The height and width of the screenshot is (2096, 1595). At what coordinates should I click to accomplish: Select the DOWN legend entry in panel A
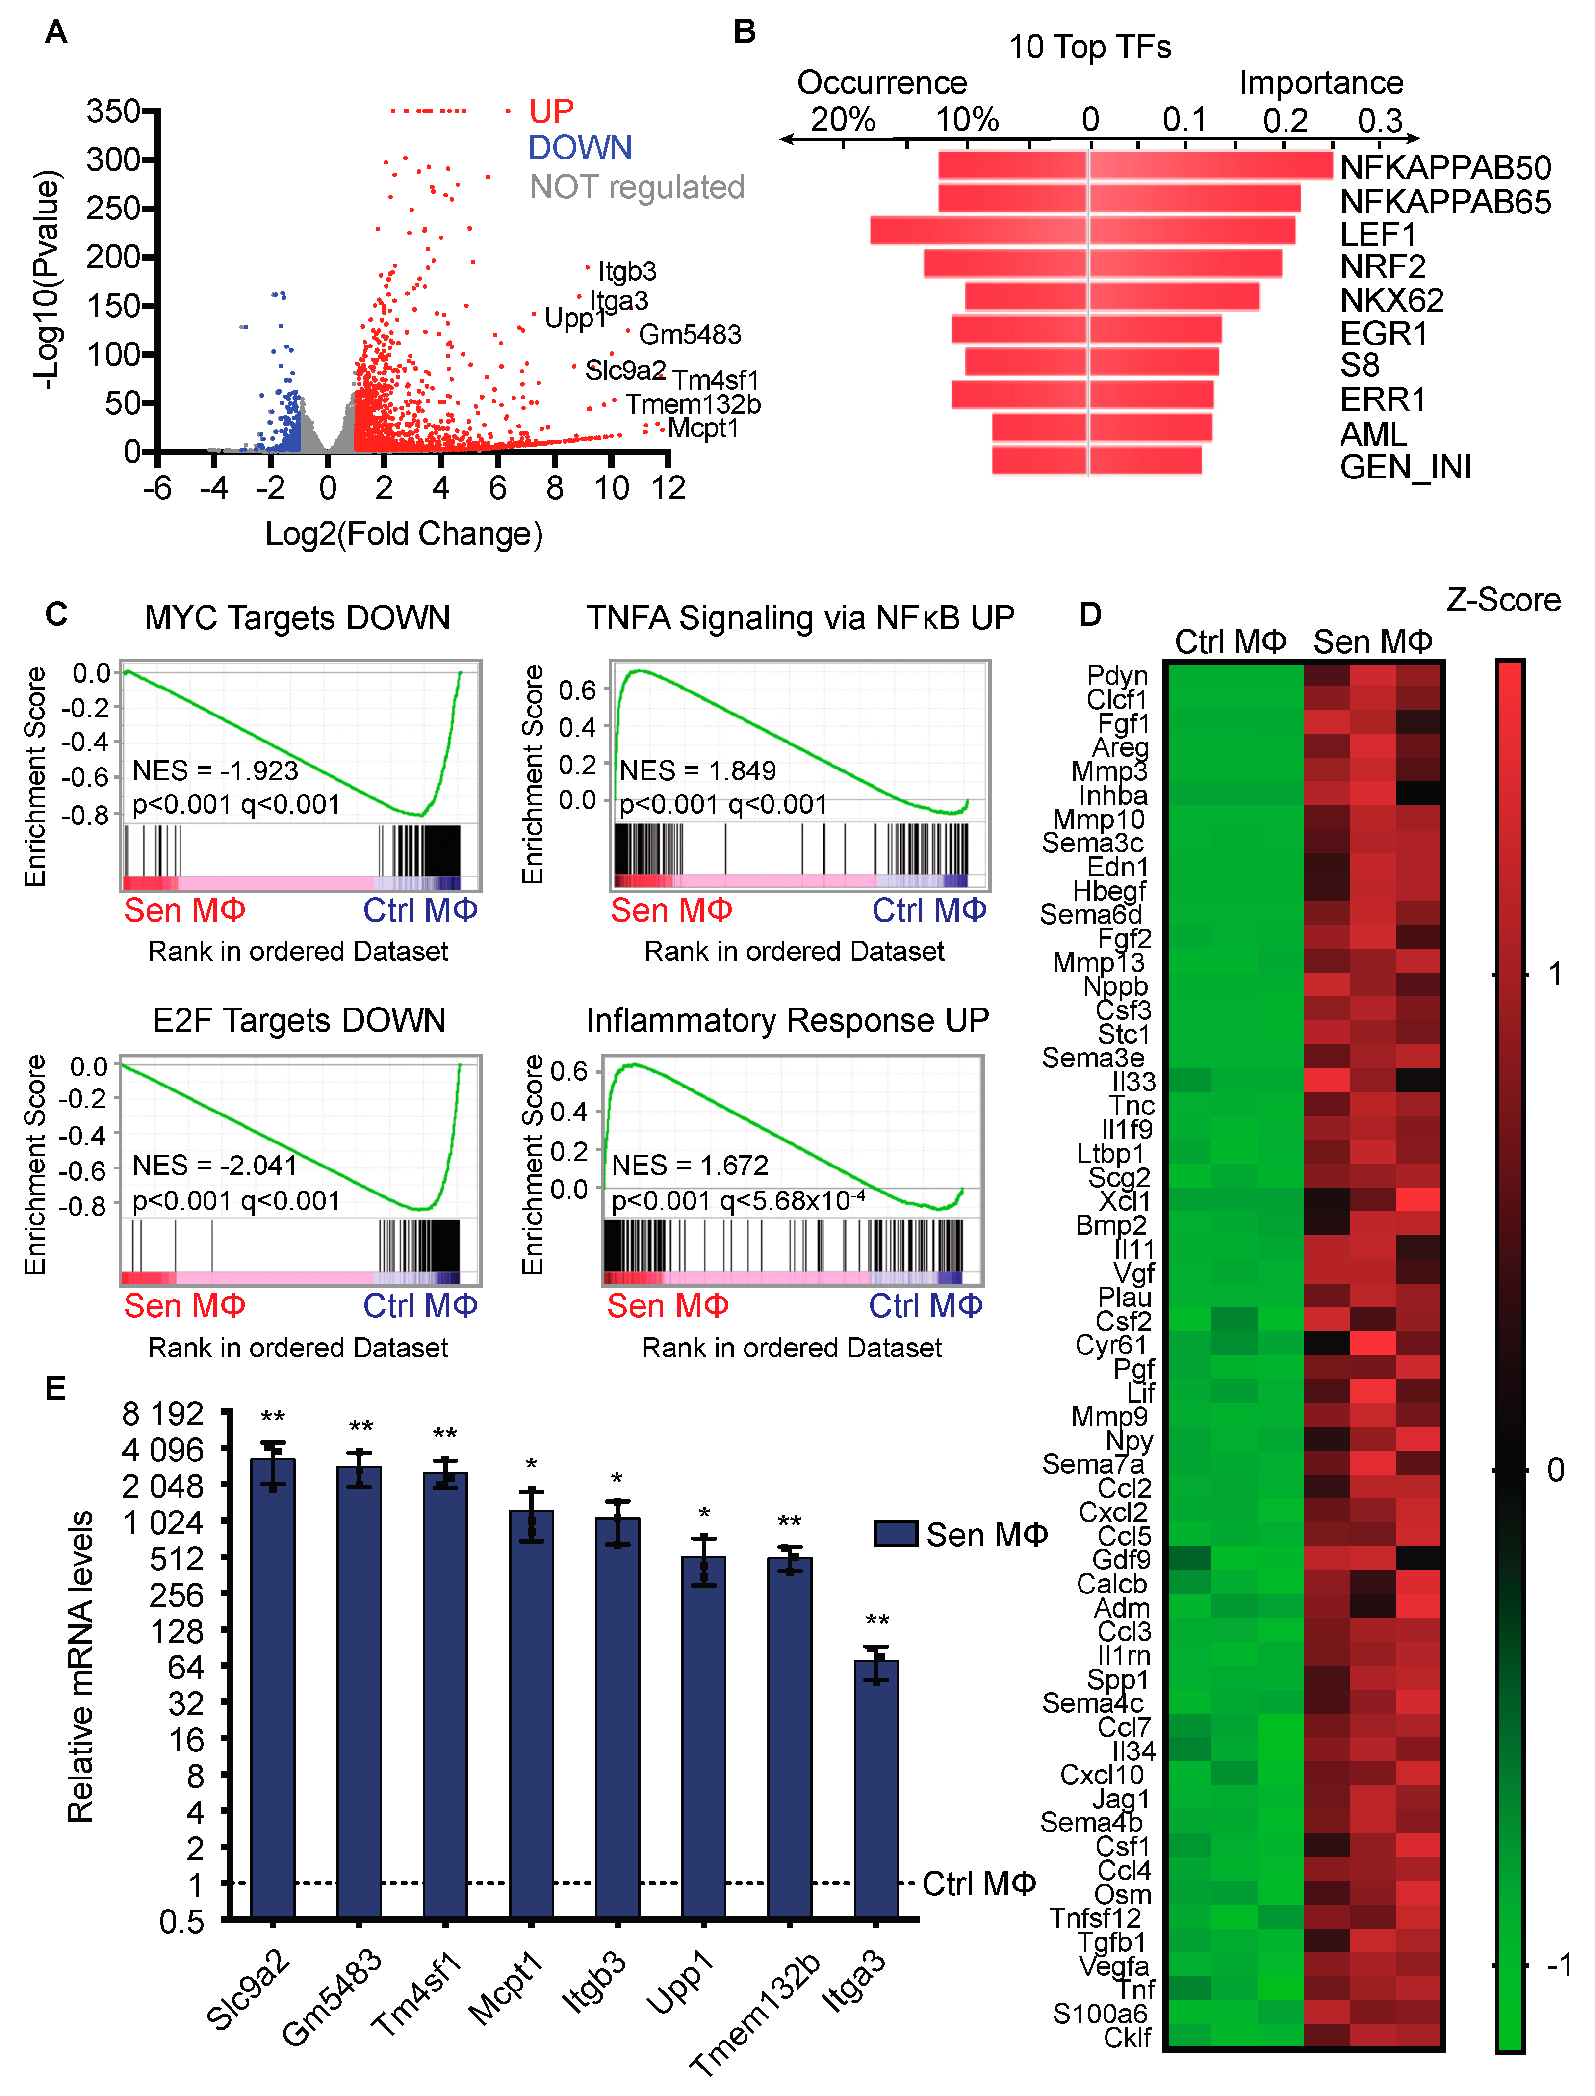(579, 148)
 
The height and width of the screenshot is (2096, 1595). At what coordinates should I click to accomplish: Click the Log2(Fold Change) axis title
(404, 534)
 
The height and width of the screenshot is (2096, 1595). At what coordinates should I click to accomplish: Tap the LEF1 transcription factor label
(1378, 235)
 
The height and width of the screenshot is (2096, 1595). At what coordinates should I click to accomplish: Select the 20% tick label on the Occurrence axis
(842, 121)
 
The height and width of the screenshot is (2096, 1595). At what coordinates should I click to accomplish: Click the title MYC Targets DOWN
(297, 618)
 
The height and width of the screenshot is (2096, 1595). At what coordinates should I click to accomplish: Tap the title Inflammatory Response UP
(787, 1021)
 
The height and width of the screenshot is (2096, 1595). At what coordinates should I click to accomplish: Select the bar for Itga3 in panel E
(875, 1790)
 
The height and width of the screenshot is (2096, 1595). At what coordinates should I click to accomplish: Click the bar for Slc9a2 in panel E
(273, 1689)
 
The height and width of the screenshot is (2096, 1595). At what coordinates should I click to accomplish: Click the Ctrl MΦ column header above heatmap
(1231, 642)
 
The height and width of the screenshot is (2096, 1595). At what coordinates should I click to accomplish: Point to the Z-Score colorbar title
(1503, 600)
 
